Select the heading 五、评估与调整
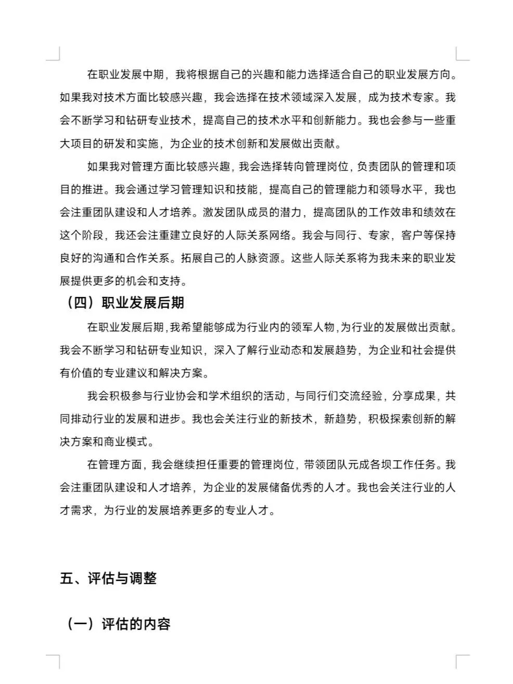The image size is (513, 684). (108, 578)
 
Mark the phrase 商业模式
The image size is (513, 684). (126, 442)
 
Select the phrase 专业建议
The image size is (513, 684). (126, 373)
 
